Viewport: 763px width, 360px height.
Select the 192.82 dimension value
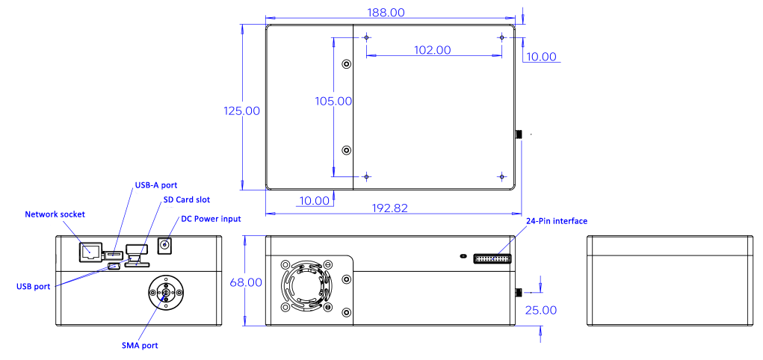389,208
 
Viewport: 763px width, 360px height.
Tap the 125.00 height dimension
242,111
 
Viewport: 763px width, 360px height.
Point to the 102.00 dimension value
433,49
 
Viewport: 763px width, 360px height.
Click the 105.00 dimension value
333,101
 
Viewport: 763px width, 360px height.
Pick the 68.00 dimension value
246,282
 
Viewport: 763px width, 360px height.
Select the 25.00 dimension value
540,310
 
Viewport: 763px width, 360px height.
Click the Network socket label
55,214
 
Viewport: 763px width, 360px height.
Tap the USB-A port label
155,185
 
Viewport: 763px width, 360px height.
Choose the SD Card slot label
187,199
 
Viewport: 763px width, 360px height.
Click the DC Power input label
211,219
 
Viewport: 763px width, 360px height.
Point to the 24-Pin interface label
557,221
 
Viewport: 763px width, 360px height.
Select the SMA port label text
140,346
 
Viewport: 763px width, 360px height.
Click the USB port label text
33,287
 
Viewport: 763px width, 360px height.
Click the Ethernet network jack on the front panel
90,251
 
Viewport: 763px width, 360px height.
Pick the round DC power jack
164,245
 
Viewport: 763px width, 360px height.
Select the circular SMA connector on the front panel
165,292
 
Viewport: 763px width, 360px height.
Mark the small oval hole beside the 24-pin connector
463,255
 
